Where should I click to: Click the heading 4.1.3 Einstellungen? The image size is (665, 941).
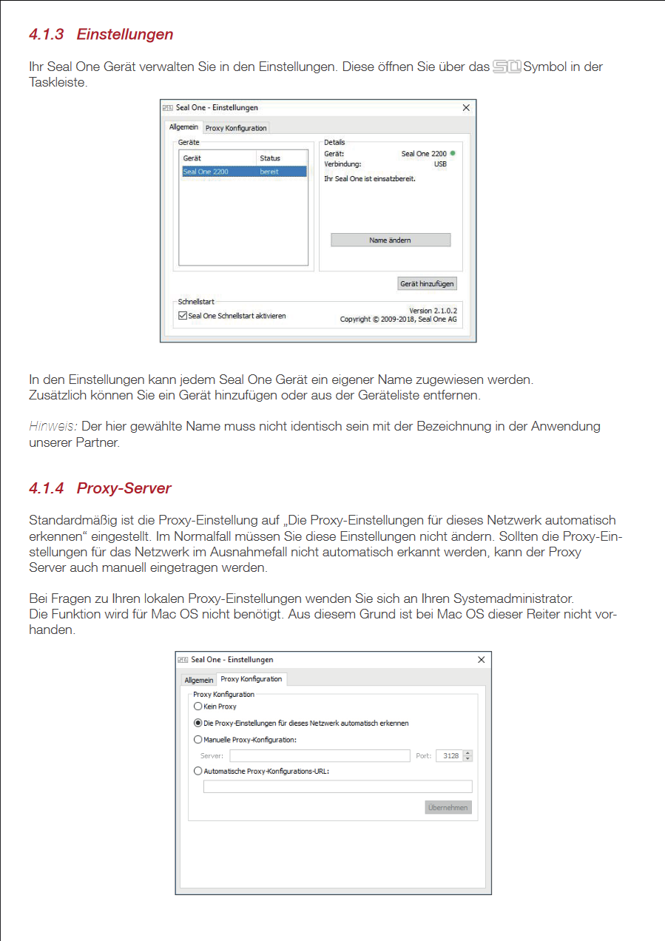tap(101, 34)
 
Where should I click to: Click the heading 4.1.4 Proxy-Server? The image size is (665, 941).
tap(100, 488)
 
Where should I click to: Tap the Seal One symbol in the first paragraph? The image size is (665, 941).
tap(507, 67)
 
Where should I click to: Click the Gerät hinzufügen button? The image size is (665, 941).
tap(427, 283)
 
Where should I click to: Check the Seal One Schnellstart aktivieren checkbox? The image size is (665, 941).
tap(183, 316)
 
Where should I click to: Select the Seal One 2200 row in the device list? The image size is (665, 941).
tap(243, 172)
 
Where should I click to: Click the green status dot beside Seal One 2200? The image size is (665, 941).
tap(453, 153)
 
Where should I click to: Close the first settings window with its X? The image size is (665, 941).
tap(466, 108)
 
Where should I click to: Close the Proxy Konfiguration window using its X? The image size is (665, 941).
tap(482, 660)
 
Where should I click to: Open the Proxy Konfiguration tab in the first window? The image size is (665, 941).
tap(236, 128)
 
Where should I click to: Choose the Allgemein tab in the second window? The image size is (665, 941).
tap(198, 680)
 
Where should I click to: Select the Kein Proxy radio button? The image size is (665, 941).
tap(198, 706)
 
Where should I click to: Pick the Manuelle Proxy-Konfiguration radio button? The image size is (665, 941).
tap(198, 739)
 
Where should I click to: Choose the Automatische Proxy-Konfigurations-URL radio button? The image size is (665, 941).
tap(198, 771)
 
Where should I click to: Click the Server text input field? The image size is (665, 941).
tap(320, 756)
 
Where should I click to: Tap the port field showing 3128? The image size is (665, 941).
tap(449, 756)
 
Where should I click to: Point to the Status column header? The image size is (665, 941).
tap(270, 158)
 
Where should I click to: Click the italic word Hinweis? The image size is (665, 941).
tap(53, 426)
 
